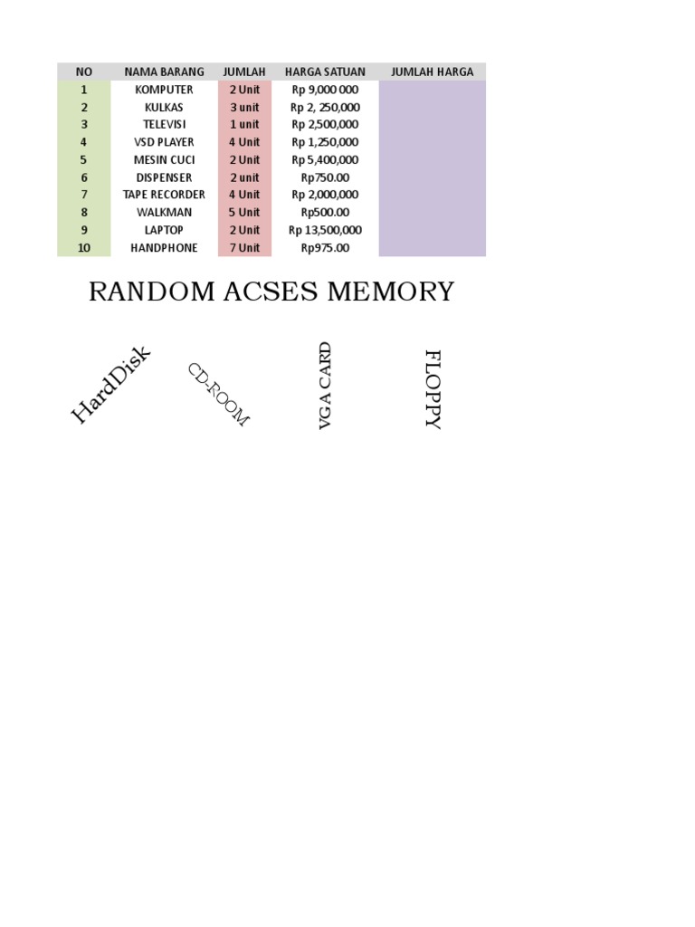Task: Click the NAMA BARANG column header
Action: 164,72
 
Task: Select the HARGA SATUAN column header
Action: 325,72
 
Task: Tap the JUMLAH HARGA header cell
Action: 432,72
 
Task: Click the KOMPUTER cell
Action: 164,90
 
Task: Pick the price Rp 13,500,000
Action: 325,230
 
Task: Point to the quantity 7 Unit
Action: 244,248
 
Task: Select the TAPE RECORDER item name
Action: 164,195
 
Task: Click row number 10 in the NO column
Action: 84,248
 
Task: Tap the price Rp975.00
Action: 325,248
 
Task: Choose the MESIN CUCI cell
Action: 164,160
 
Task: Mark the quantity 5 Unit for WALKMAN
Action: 244,213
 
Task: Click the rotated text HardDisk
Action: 110,385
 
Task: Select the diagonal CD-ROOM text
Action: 217,395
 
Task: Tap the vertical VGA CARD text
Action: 326,386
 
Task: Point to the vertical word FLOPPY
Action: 433,389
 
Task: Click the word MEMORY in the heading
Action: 390,292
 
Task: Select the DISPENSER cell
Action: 164,177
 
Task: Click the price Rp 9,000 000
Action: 325,90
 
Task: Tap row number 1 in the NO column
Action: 84,90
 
